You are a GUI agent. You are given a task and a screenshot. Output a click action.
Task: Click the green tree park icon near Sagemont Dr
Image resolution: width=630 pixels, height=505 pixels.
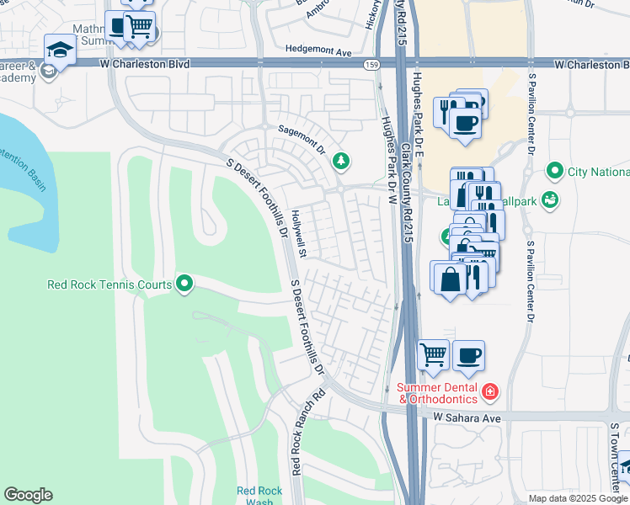click(341, 160)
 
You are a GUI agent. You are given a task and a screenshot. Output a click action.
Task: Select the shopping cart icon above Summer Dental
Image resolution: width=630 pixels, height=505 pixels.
click(433, 353)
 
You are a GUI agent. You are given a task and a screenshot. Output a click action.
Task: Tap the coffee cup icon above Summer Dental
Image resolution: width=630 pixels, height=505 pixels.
click(468, 353)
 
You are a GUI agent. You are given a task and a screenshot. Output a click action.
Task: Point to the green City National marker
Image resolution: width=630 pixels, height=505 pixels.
click(554, 172)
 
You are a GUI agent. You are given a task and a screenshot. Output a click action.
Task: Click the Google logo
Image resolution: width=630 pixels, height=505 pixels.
click(28, 495)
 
